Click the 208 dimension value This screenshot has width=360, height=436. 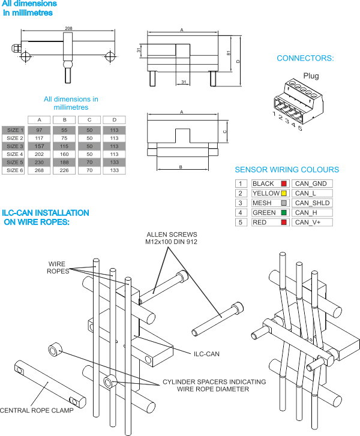click(x=68, y=28)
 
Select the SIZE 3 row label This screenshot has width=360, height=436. click(x=15, y=146)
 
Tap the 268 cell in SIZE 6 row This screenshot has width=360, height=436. click(x=39, y=170)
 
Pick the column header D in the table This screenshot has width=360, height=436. click(x=115, y=120)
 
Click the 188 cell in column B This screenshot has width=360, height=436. click(x=64, y=162)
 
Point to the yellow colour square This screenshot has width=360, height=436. click(x=284, y=193)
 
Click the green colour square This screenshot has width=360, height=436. click(x=284, y=213)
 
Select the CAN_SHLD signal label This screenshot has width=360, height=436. click(x=312, y=203)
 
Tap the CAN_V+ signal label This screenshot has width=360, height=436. click(x=308, y=222)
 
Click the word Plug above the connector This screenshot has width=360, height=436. click(x=311, y=76)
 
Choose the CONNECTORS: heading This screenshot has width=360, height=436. click(x=305, y=58)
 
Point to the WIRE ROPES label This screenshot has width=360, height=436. click(x=58, y=267)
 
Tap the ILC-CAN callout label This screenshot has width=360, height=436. click(x=206, y=354)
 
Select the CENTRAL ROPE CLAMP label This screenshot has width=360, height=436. click(x=37, y=410)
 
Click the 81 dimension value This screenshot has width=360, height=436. click(x=229, y=53)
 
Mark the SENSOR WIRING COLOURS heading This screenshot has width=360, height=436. click(x=287, y=170)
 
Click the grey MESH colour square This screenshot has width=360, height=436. click(x=284, y=203)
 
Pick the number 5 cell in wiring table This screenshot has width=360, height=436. click(x=241, y=222)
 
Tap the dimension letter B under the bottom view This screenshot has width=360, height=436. click(x=181, y=167)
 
